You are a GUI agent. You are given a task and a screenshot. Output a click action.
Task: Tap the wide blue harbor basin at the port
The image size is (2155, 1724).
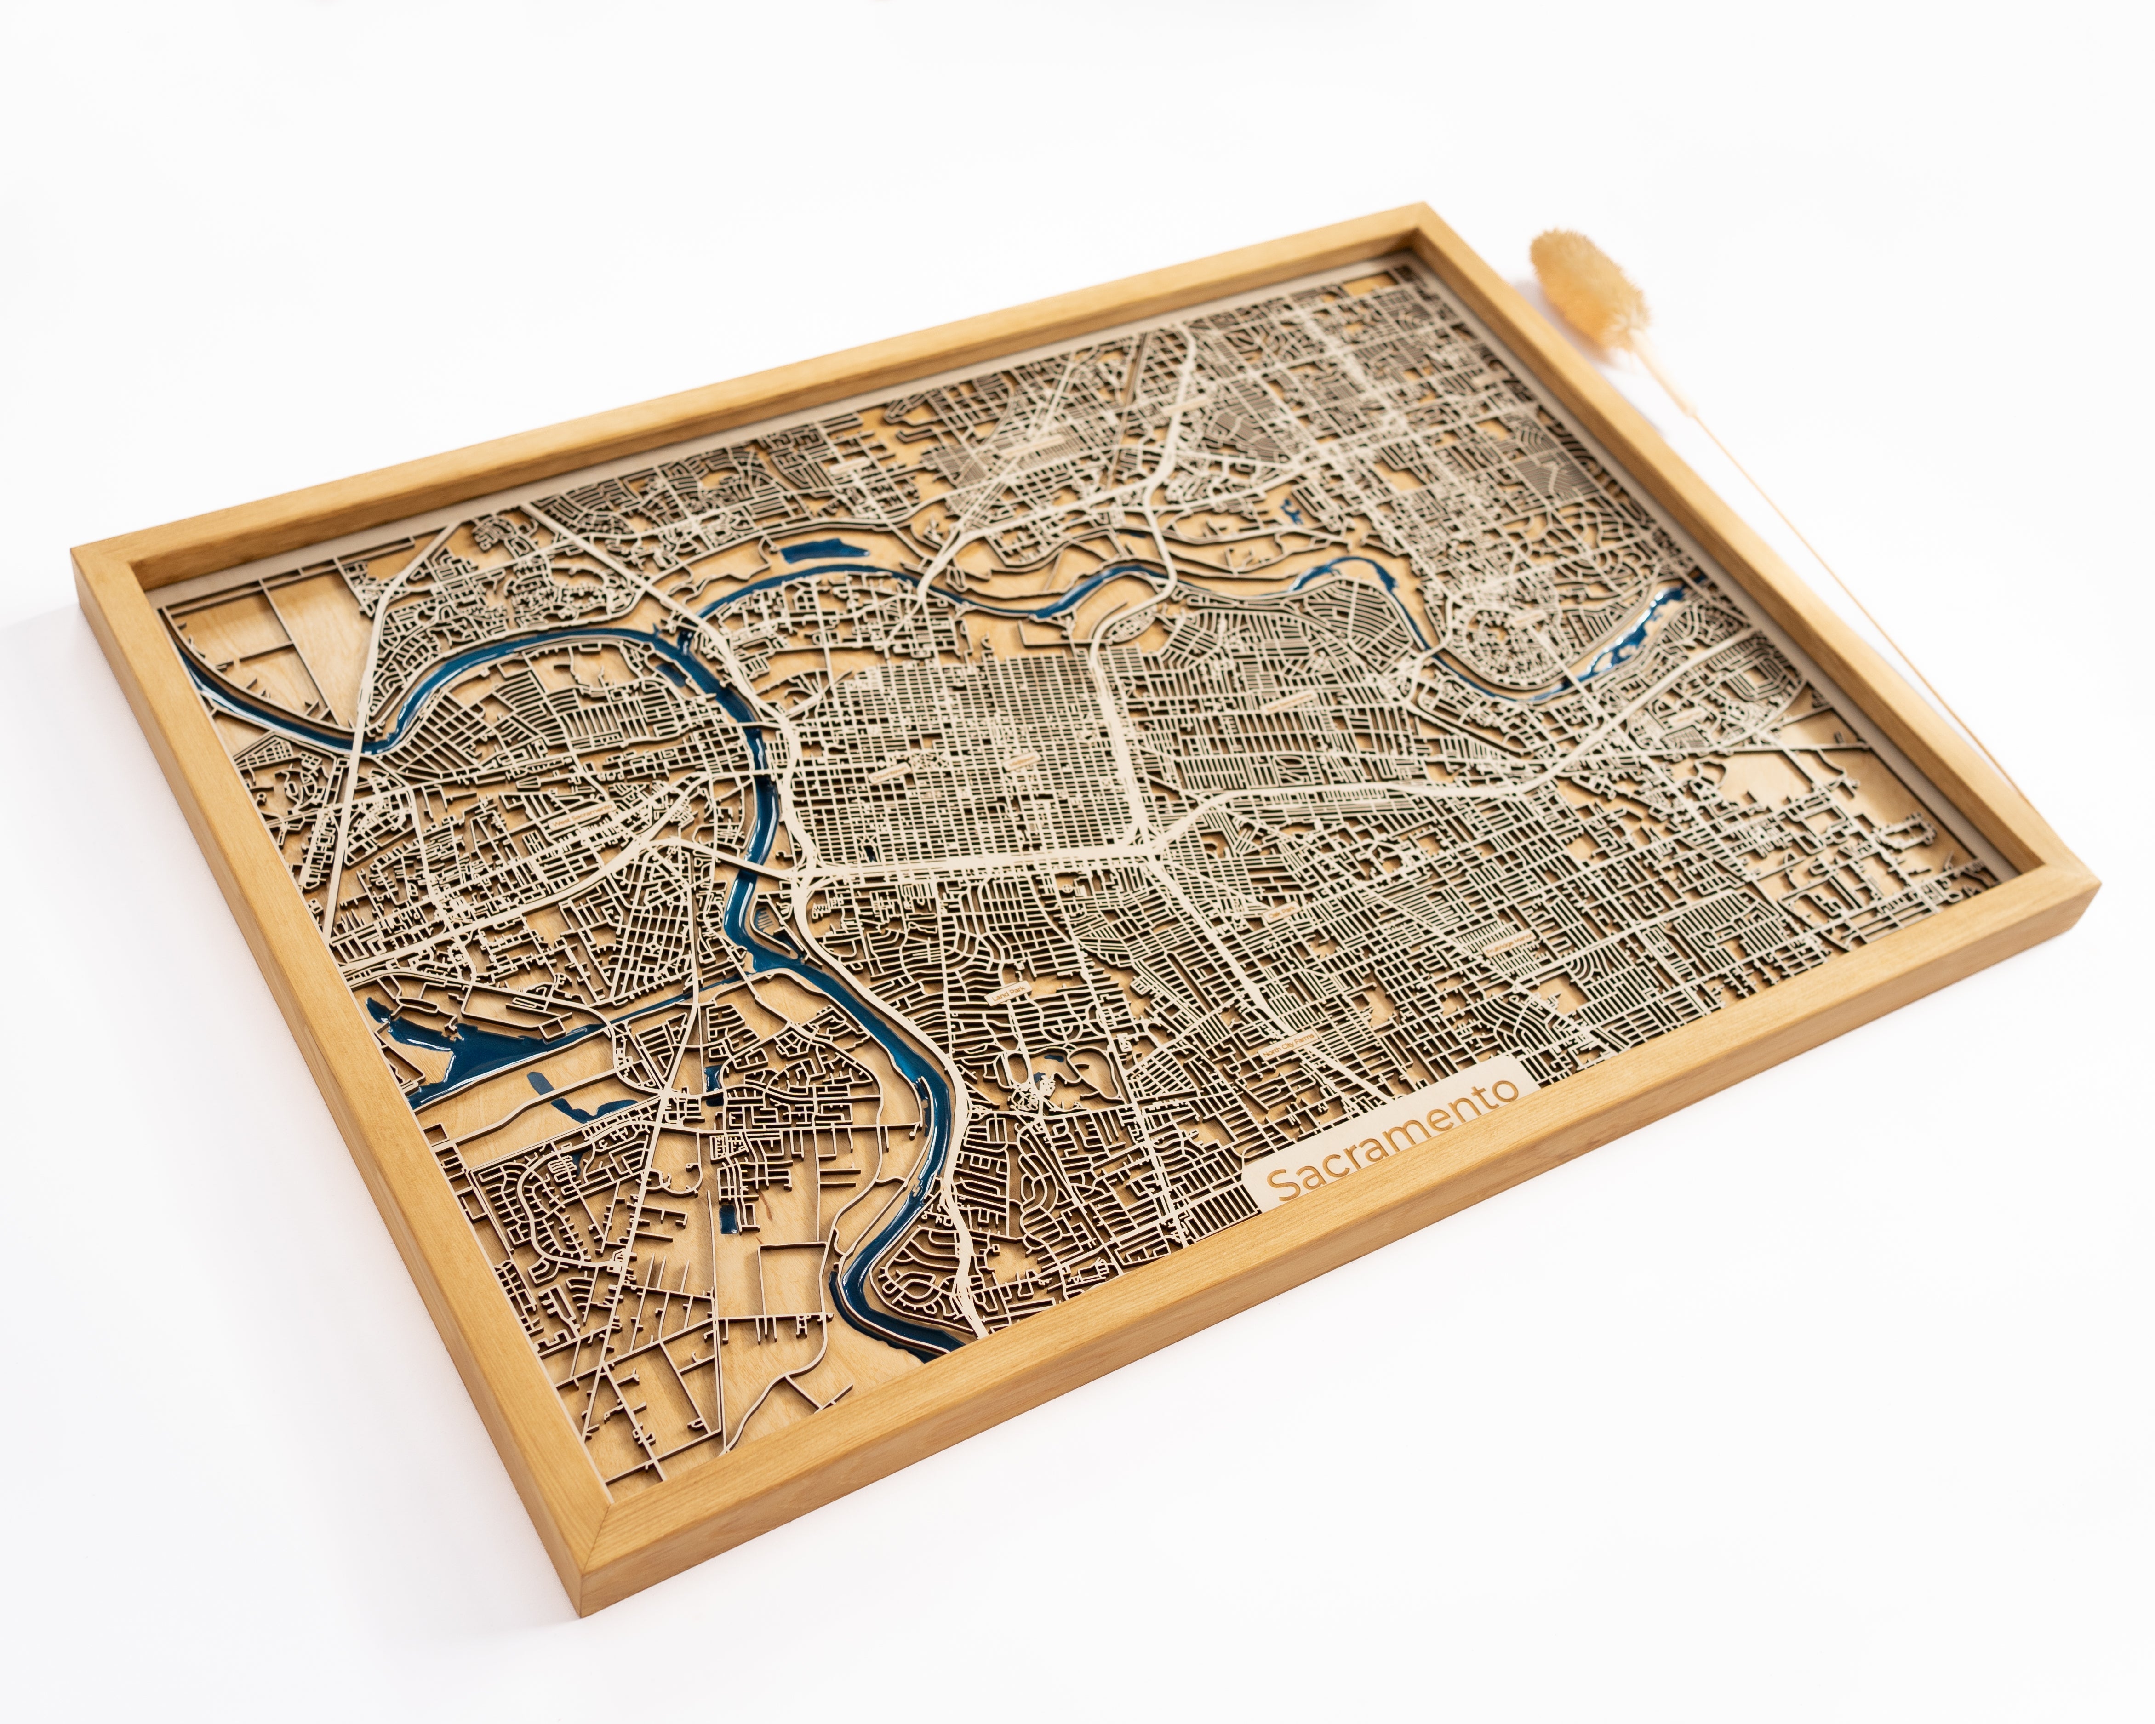[440, 1059]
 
